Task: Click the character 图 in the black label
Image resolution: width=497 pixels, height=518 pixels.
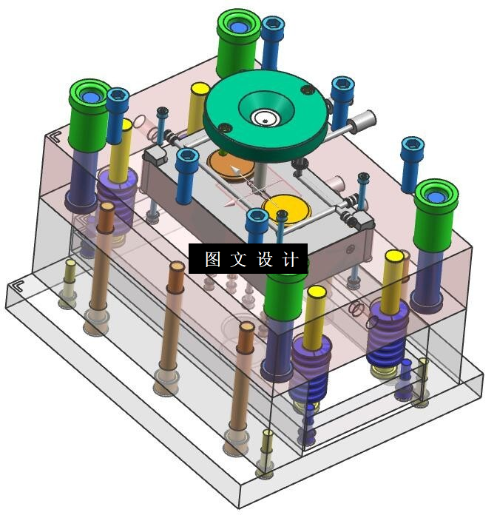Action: pos(212,259)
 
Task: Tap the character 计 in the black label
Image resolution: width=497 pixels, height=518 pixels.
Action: pos(291,259)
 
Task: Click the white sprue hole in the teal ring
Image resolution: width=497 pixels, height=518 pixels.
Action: pos(266,118)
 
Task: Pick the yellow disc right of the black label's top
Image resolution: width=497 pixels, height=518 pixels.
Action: pos(287,209)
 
